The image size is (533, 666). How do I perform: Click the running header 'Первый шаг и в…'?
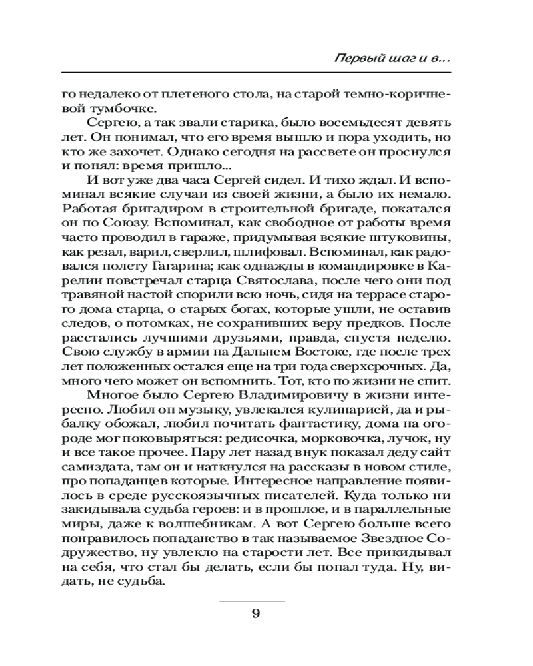pyautogui.click(x=391, y=59)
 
